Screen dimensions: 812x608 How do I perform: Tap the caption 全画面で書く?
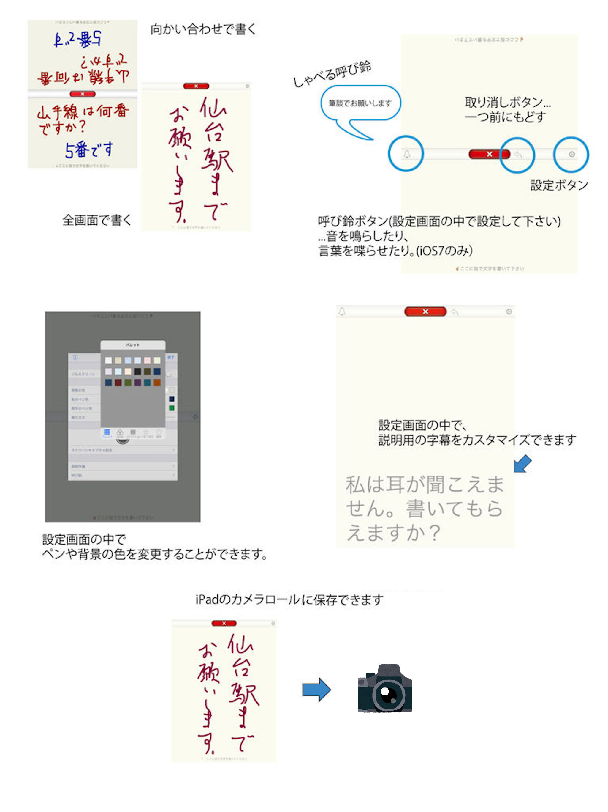pos(97,220)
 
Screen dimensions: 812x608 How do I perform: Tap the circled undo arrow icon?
pos(518,155)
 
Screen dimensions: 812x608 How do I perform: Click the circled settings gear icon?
pos(571,155)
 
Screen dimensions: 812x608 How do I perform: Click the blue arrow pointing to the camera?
pos(316,689)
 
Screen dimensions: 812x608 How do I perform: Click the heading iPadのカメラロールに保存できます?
pos(289,600)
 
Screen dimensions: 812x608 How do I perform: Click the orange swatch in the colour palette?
pos(157,383)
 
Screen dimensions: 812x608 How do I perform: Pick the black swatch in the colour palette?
pos(137,372)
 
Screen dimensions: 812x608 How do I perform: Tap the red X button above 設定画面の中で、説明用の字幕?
pos(425,312)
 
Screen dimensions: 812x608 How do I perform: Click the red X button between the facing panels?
pos(83,94)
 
